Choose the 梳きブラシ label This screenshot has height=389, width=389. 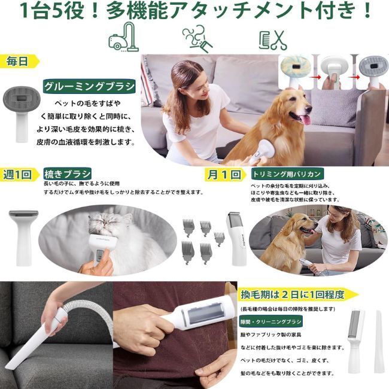[67, 174]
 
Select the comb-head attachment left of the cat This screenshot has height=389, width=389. [23, 227]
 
